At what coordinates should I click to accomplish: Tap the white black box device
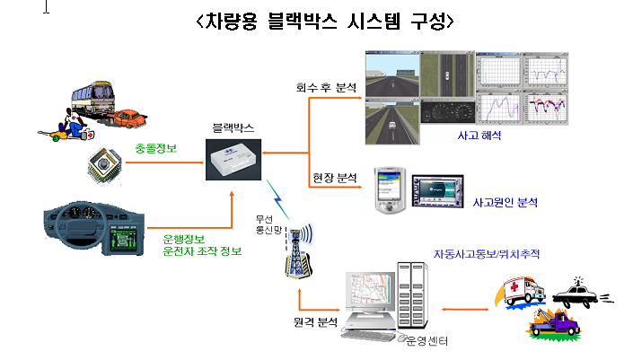tap(233, 159)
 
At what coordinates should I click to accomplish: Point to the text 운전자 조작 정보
tap(202, 250)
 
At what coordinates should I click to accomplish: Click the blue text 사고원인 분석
tap(505, 203)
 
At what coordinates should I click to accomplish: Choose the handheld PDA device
tap(387, 189)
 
